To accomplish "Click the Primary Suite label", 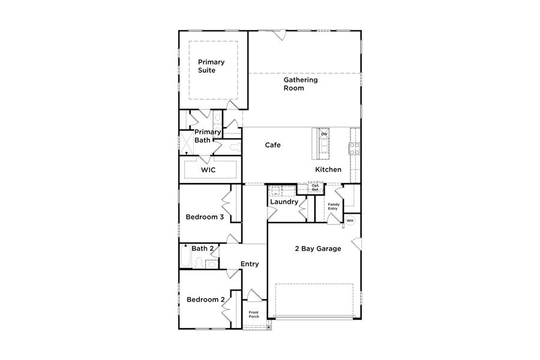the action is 211,66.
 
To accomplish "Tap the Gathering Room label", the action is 301,84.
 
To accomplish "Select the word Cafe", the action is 273,145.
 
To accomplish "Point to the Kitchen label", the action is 328,169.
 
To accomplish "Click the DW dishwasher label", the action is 324,134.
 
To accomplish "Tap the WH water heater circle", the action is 350,220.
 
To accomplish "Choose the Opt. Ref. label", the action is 316,187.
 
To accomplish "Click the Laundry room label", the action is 284,202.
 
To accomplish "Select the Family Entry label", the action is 334,206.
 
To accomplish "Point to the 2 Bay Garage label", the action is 318,249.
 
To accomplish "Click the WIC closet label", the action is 208,170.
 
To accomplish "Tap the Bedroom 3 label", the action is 205,217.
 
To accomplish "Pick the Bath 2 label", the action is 203,248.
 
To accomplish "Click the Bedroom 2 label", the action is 206,300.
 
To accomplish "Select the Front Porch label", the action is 254,314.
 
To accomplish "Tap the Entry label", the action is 250,264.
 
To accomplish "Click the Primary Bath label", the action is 208,136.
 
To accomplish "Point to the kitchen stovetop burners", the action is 355,149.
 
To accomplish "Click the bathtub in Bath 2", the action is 185,256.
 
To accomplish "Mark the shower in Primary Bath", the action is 187,143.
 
